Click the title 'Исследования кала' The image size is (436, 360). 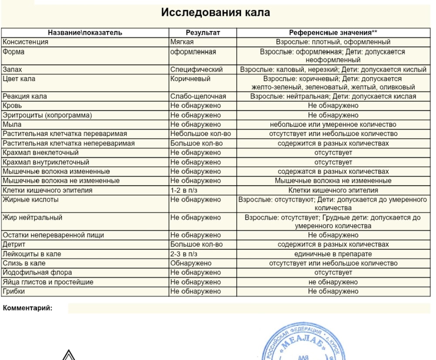click(215, 12)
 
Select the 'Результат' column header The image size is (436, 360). click(203, 33)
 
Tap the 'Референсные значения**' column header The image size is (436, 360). click(333, 33)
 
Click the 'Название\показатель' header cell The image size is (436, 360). click(85, 33)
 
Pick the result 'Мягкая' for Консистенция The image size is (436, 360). click(182, 42)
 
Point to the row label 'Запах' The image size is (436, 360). click(12, 70)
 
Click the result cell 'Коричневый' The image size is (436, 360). click(190, 79)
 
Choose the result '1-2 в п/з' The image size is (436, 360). click(184, 190)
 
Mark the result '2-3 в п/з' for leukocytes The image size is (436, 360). click(184, 254)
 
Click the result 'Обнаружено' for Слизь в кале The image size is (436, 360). click(191, 263)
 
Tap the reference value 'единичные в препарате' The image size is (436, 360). click(333, 254)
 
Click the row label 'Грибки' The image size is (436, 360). click(14, 292)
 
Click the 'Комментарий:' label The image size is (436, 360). click(27, 308)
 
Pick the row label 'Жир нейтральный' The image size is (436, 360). click(32, 217)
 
